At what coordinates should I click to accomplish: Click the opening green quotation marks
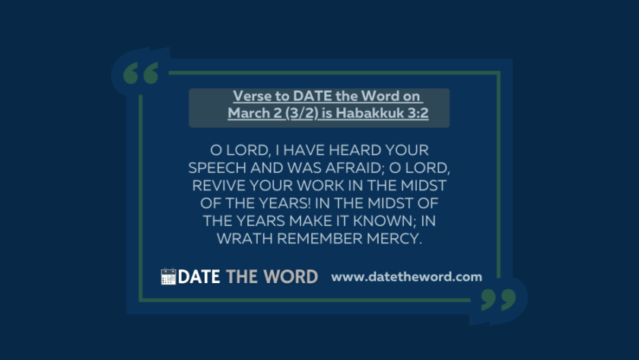click(x=141, y=73)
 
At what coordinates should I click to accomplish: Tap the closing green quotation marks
click(x=498, y=300)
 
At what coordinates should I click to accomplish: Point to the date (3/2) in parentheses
click(x=302, y=113)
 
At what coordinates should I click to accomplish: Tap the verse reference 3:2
click(x=418, y=113)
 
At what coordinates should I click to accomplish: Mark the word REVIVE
click(x=218, y=186)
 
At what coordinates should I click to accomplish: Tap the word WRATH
click(x=244, y=238)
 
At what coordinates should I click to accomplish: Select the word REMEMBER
click(x=319, y=238)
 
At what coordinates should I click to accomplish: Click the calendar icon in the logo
click(x=168, y=276)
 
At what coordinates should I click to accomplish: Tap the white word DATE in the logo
click(x=199, y=277)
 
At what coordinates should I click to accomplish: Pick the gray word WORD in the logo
click(x=291, y=277)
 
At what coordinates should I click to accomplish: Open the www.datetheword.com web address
click(x=407, y=277)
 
